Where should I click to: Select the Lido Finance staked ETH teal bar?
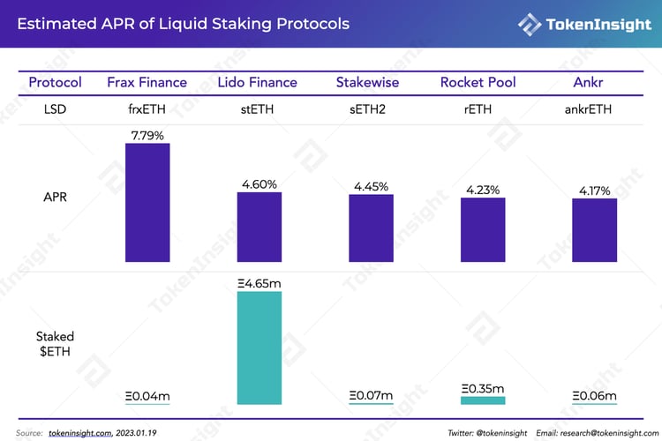pos(259,348)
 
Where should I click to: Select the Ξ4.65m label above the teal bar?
pos(259,284)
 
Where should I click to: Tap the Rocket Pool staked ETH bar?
pos(483,400)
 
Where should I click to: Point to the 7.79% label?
pos(147,135)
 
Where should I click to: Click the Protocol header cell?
pos(55,82)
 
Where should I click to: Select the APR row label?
pos(55,198)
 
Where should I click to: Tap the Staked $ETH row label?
pos(55,343)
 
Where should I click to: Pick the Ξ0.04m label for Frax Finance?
pos(147,396)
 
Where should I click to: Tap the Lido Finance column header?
pos(257,82)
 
